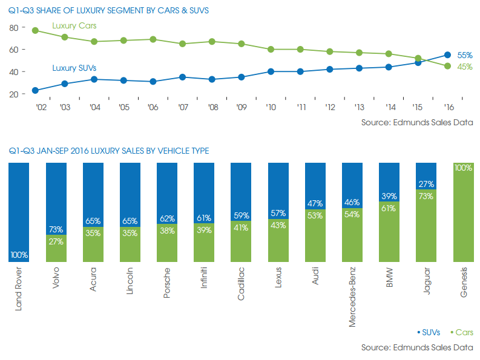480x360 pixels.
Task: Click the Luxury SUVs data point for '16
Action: point(447,55)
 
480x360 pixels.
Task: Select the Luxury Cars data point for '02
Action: point(36,30)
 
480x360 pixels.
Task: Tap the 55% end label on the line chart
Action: point(464,54)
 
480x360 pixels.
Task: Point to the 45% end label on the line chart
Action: point(464,67)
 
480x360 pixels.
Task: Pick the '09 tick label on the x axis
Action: point(242,107)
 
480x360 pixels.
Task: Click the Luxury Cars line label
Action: point(75,26)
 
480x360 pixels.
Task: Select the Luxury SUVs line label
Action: point(74,68)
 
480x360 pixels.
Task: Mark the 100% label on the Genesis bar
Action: point(462,168)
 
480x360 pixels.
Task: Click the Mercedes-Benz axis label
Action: point(353,297)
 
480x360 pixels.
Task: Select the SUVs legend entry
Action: point(429,332)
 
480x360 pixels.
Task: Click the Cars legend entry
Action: point(462,332)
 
